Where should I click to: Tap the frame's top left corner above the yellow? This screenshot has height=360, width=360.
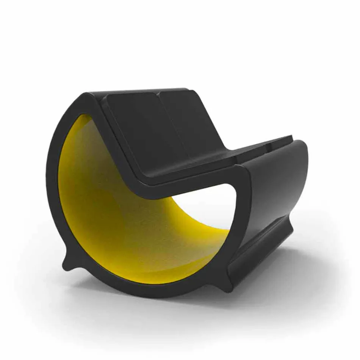(x=85, y=100)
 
